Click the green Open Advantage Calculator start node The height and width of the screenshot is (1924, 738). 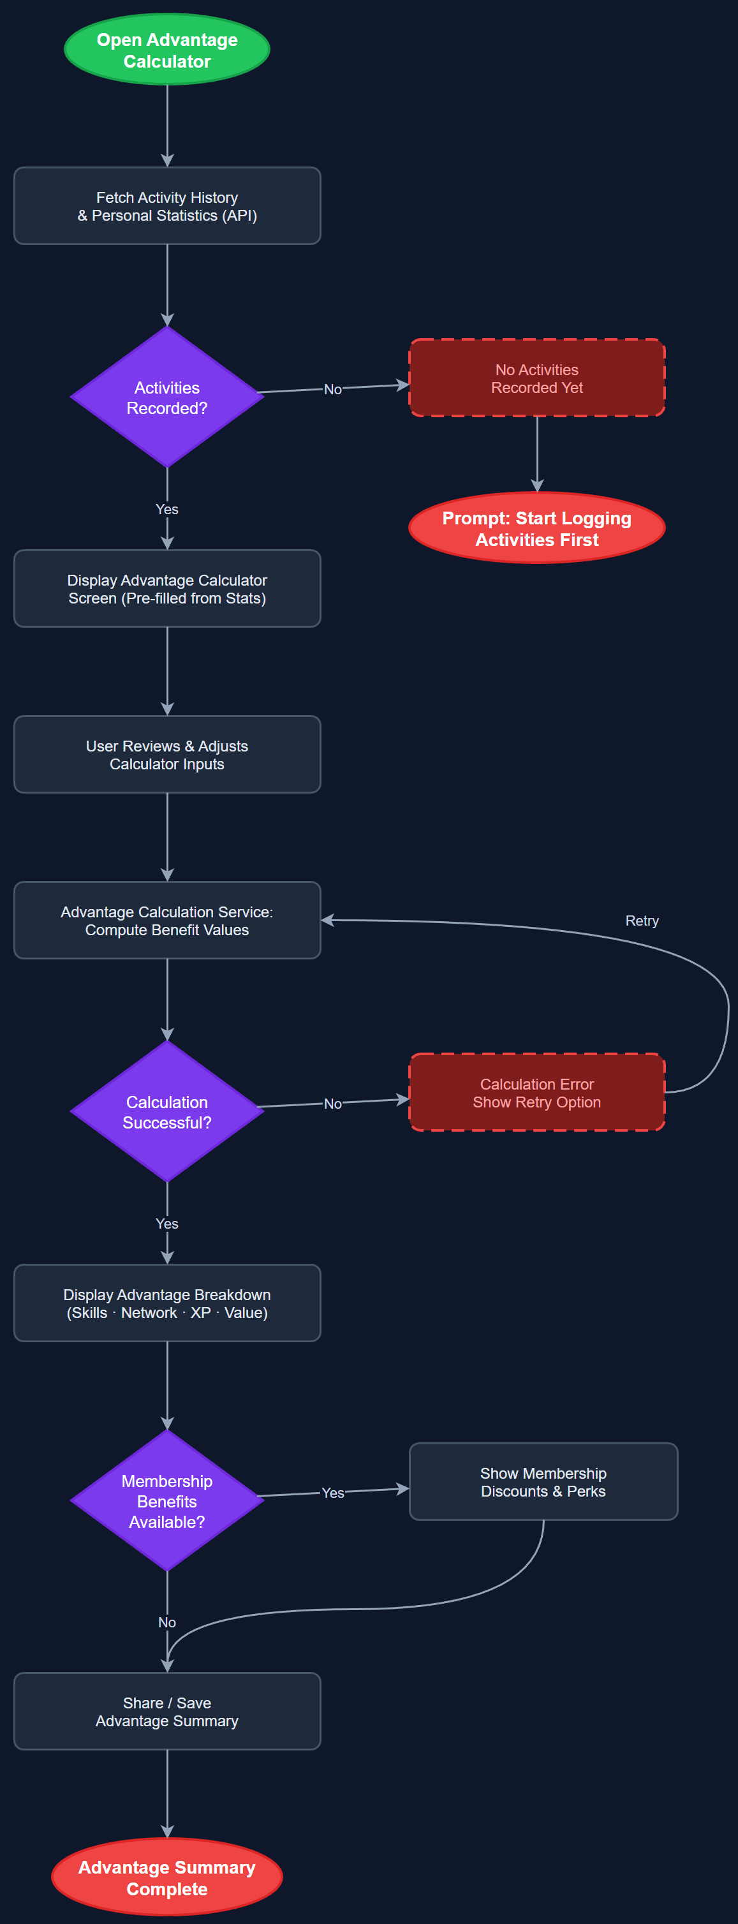pos(166,50)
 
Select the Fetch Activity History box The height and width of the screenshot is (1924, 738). pos(166,206)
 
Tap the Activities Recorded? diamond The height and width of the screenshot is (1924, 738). pos(166,397)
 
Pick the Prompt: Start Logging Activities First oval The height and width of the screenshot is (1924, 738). pos(536,528)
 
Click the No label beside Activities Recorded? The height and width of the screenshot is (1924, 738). pos(332,389)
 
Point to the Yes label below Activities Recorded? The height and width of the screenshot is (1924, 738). pos(166,509)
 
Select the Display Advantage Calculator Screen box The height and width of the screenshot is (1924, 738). pos(166,589)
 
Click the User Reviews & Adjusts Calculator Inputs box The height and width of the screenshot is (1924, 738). pos(166,755)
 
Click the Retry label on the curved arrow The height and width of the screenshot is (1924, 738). pos(642,920)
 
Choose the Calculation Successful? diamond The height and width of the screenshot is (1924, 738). pos(166,1111)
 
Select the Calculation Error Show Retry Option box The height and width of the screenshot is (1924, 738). pos(536,1093)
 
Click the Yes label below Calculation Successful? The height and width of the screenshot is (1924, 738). pos(166,1224)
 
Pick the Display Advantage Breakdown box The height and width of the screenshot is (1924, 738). pos(166,1303)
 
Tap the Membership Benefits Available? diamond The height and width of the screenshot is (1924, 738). pos(166,1500)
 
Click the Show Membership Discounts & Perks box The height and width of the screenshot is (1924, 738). pos(543,1482)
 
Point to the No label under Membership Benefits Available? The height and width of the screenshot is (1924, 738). pos(166,1622)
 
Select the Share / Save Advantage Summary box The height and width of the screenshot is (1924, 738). pos(166,1711)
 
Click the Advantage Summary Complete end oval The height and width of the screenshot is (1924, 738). pos(166,1877)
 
